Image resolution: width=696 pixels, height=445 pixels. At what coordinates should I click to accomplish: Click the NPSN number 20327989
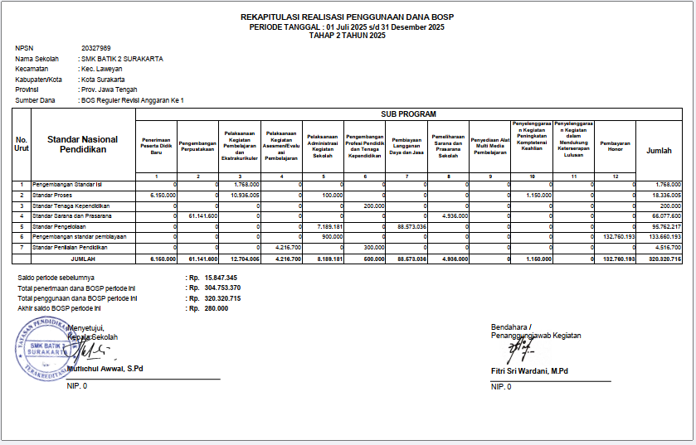(95, 49)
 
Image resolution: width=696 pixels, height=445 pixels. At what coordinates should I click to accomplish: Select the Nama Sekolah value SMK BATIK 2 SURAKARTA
(122, 59)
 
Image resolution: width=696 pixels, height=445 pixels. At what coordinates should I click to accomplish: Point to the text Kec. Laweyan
(103, 70)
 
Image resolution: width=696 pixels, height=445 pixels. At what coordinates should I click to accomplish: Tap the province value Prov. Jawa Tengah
(110, 89)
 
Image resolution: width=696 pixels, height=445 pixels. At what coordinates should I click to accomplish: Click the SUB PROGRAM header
(408, 114)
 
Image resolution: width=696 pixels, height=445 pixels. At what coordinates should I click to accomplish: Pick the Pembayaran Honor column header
(615, 145)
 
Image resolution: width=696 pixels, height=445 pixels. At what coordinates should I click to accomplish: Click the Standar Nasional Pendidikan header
(82, 144)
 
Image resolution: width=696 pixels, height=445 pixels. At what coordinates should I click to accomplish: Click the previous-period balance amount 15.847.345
(221, 277)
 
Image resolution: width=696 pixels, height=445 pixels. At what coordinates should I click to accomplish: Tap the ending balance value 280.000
(216, 308)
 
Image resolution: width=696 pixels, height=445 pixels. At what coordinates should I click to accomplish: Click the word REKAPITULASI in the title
(279, 17)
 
